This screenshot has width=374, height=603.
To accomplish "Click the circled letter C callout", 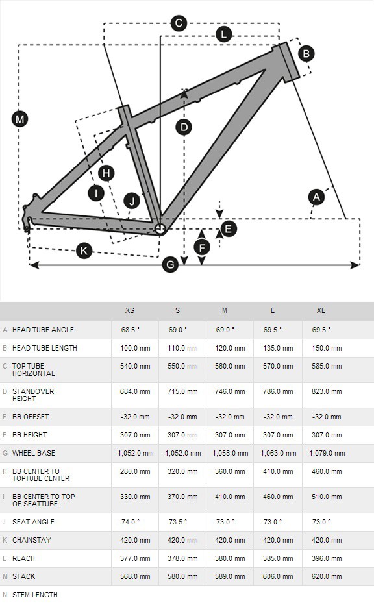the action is (179, 23).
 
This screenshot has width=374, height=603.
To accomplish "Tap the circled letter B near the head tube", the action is (306, 53).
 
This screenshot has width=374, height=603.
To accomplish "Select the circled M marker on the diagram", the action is (19, 119).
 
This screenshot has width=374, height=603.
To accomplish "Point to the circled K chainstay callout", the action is (84, 251).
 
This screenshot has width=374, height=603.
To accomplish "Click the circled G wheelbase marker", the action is (170, 265).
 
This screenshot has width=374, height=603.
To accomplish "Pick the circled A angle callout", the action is (316, 197).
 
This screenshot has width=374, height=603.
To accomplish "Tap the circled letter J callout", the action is (132, 201).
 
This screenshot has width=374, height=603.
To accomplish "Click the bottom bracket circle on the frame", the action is (160, 229).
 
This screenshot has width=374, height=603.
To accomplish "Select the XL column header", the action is (321, 310).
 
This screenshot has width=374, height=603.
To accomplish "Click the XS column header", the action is (130, 310).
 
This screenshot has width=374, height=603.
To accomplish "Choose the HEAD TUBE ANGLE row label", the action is (43, 330).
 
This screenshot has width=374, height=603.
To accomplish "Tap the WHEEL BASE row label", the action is (34, 453).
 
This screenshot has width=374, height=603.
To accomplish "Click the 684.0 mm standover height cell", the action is (135, 391).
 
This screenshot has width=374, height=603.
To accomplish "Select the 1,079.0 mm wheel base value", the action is (327, 453).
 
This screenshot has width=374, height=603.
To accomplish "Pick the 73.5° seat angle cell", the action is (178, 522).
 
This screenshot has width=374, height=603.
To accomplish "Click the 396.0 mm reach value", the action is (327, 558).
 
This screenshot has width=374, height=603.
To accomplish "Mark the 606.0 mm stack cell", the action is (278, 576).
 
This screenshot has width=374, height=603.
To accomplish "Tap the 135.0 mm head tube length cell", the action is (278, 348).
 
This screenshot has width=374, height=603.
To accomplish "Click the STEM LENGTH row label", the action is (35, 595).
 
